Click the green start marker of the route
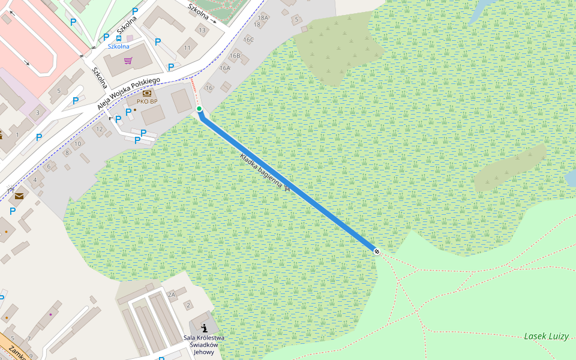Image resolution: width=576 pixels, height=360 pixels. pyautogui.click(x=199, y=109)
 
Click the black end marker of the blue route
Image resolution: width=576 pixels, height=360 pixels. pyautogui.click(x=377, y=251)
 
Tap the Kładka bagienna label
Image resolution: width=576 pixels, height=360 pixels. pyautogui.click(x=261, y=172)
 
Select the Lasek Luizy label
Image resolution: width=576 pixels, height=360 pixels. pyautogui.click(x=546, y=336)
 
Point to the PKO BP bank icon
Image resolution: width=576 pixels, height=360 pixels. pyautogui.click(x=147, y=93)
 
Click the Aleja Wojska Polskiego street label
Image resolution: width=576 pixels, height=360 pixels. pyautogui.click(x=129, y=94)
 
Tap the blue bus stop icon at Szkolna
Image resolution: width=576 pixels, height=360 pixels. pyautogui.click(x=119, y=38)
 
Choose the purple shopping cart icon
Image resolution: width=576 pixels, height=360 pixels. pyautogui.click(x=128, y=60)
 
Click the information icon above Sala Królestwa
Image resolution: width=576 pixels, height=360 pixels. pyautogui.click(x=205, y=328)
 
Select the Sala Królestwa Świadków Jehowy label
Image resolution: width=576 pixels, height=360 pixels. pyautogui.click(x=204, y=345)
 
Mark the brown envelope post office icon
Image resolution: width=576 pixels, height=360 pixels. pyautogui.click(x=20, y=196)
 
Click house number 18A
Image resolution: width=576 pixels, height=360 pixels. pyautogui.click(x=262, y=18)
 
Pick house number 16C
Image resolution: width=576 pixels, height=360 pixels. pyautogui.click(x=248, y=40)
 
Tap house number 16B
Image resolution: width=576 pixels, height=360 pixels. pyautogui.click(x=235, y=56)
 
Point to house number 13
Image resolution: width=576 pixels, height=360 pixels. pyautogui.click(x=202, y=30)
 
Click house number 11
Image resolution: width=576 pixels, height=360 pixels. pyautogui.click(x=188, y=47)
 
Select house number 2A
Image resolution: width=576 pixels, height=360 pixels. pyautogui.click(x=172, y=295)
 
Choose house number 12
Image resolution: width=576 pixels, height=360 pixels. pyautogui.click(x=100, y=129)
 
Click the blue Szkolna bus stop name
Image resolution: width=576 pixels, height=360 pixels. pyautogui.click(x=118, y=46)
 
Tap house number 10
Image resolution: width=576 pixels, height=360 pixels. pyautogui.click(x=78, y=144)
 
